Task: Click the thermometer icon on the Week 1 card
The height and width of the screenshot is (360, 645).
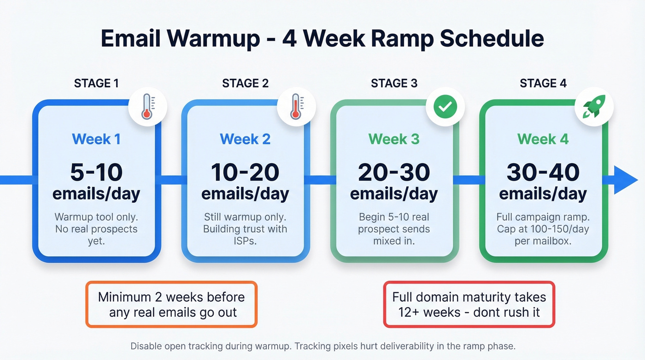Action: click(x=147, y=107)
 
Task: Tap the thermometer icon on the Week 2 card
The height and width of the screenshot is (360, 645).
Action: click(x=296, y=107)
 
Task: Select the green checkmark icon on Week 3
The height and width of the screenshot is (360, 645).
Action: click(x=445, y=107)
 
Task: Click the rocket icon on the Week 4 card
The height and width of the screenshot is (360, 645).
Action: click(x=594, y=107)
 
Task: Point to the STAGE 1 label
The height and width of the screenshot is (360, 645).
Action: click(x=96, y=83)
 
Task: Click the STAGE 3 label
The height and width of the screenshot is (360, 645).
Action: click(x=394, y=83)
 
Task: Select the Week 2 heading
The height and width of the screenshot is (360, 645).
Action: click(x=245, y=139)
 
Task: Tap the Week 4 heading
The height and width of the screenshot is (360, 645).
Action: click(x=543, y=139)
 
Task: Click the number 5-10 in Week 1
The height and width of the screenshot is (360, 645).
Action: click(x=96, y=172)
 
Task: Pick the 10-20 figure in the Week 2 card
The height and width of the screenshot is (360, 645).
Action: click(x=245, y=172)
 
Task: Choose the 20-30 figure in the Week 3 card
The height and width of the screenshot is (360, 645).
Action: click(x=394, y=172)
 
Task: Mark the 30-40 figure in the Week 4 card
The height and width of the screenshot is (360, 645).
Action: click(x=543, y=172)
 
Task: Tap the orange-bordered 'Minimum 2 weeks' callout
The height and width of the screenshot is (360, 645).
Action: click(x=171, y=304)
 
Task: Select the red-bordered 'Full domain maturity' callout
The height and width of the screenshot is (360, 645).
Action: click(x=469, y=304)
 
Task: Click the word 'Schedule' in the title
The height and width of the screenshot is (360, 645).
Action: click(x=492, y=39)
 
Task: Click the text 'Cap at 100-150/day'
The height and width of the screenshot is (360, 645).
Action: click(x=543, y=229)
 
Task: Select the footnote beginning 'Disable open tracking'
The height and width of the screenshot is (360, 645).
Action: click(x=322, y=346)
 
